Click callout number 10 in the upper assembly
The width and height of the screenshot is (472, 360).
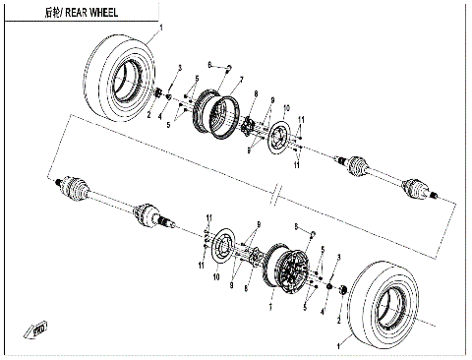tap(287, 105)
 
